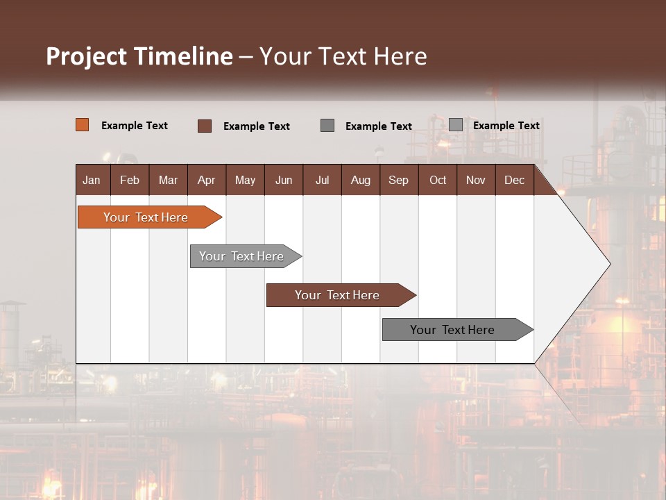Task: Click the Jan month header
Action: pos(92,180)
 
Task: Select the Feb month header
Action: pos(130,180)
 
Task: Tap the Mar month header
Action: pos(168,180)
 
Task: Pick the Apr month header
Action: pos(207,180)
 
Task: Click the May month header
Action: pos(245,180)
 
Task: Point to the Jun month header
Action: pos(284,180)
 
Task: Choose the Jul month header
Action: pos(322,180)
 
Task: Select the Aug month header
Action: pos(361,180)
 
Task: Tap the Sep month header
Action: pos(399,180)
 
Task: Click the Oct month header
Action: pos(438,180)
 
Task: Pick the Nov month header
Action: pos(476,180)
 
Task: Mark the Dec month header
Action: pos(515,180)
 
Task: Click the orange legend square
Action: pos(83,125)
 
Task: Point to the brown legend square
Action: pos(205,126)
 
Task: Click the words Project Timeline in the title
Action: pos(139,56)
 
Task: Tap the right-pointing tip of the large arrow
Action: pos(608,264)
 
